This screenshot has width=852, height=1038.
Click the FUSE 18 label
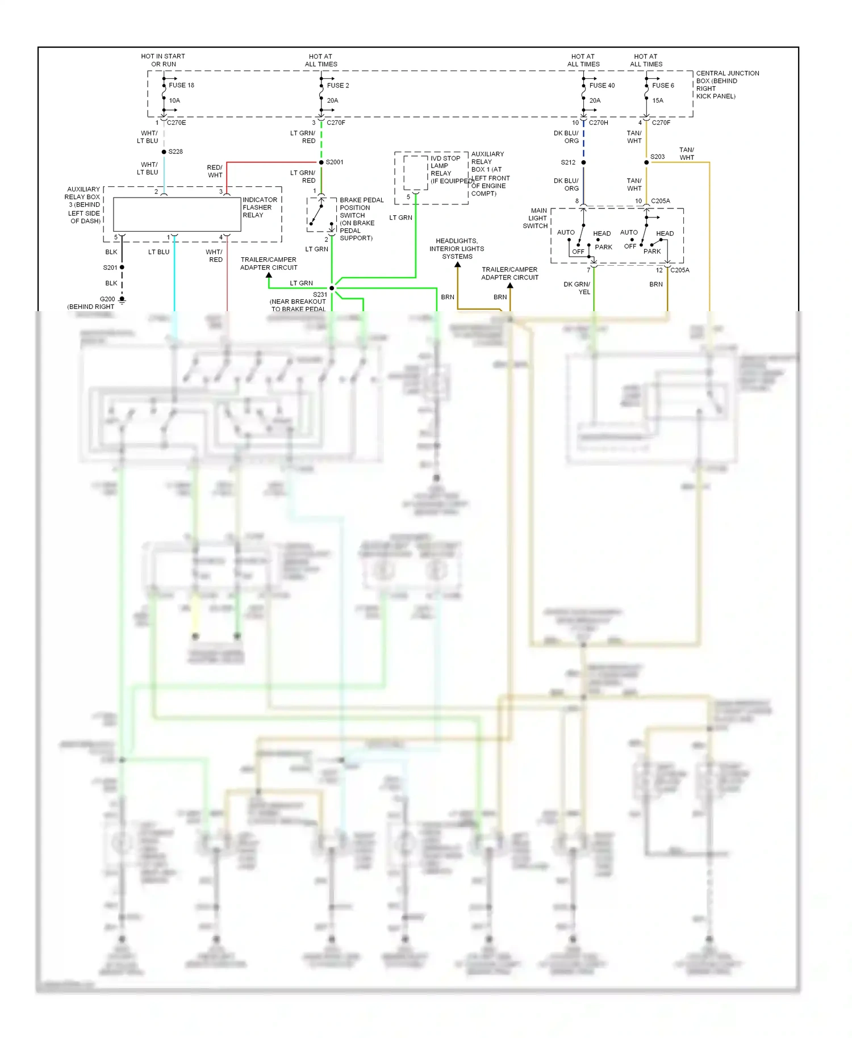[181, 85]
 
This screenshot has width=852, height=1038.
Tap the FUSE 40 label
[602, 85]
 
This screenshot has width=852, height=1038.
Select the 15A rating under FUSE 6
[658, 101]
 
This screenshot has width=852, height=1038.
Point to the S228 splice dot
[164, 152]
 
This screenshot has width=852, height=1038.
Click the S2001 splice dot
[321, 162]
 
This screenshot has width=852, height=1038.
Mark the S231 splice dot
[332, 288]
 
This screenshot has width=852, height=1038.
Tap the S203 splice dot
[646, 162]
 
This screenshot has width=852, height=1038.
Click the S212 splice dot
[583, 162]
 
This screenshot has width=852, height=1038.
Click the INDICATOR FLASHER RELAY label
[260, 207]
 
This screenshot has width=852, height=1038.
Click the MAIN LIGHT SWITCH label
[536, 218]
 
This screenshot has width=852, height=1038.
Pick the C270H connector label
[598, 123]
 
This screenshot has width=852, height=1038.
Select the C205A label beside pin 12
[679, 270]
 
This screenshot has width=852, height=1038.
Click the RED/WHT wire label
[215, 171]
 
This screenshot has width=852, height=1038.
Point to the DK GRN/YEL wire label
[577, 288]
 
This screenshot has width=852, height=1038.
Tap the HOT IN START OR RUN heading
[163, 60]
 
